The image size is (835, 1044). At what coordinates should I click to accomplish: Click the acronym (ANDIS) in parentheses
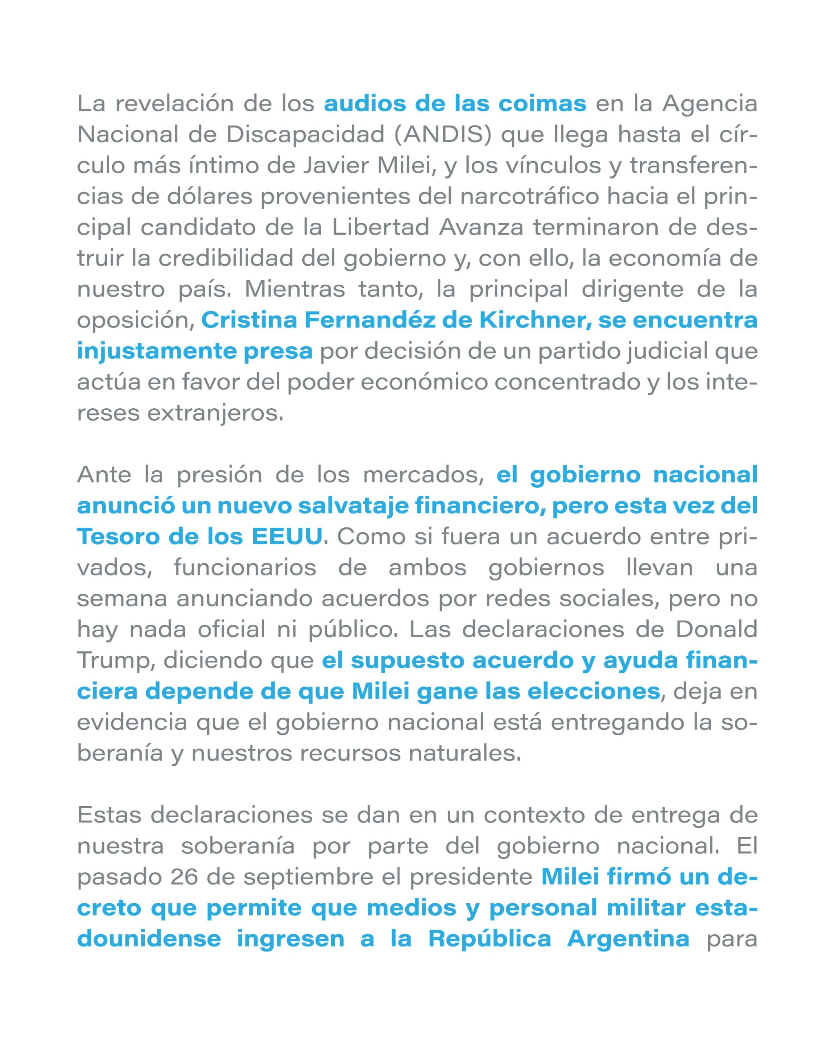(x=442, y=135)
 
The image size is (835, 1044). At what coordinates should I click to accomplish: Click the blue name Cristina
(x=249, y=320)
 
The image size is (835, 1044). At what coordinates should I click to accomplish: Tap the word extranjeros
(x=215, y=413)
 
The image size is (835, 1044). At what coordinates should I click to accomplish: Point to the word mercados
(x=424, y=475)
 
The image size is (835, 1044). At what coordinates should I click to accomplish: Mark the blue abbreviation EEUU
(x=287, y=537)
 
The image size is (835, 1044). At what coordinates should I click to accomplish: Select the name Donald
(x=716, y=630)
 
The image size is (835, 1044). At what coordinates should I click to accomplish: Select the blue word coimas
(x=542, y=104)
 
